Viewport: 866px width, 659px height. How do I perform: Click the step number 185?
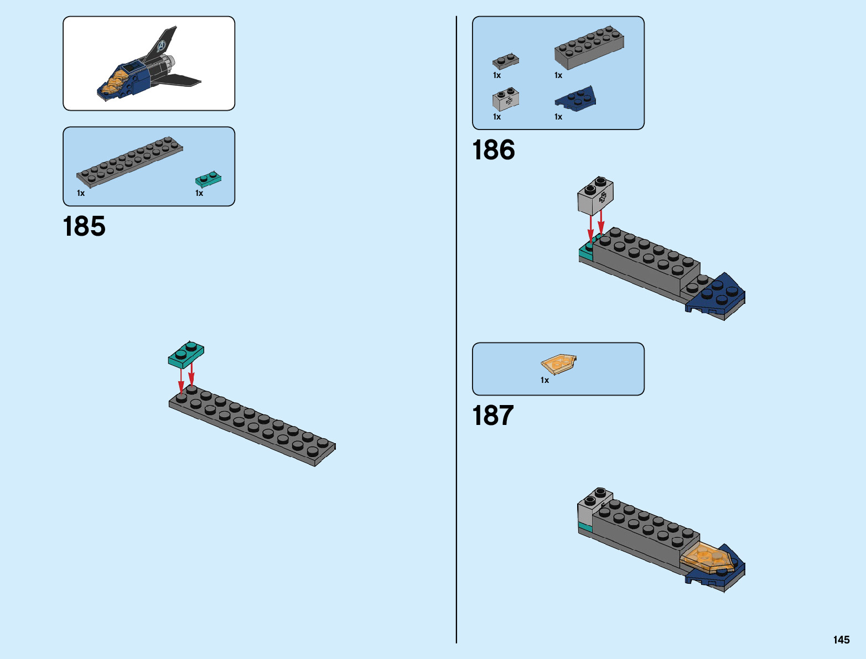84,227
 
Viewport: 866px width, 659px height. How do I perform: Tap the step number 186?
493,151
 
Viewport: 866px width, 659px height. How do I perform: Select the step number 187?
493,416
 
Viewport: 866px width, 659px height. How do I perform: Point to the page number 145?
841,640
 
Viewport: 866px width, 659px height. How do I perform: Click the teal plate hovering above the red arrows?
186,355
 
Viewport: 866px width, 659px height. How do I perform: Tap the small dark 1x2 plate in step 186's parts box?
506,61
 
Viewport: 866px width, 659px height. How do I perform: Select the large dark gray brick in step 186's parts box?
589,47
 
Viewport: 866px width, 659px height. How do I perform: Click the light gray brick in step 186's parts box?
505,99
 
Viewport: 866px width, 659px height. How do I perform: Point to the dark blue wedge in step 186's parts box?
575,100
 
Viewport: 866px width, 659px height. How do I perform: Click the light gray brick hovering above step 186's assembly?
595,195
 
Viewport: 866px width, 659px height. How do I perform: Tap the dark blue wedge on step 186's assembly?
717,296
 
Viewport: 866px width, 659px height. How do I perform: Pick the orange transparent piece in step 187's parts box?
558,365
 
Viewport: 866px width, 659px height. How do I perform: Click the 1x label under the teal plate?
199,193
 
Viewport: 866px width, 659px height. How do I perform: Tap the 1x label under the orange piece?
545,380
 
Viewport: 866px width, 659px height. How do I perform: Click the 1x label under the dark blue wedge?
558,117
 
